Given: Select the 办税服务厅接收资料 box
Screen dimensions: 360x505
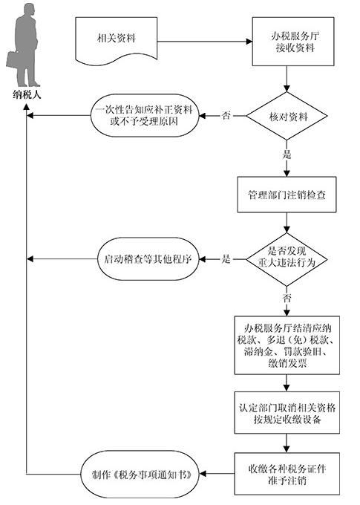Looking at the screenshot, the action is tap(293, 42).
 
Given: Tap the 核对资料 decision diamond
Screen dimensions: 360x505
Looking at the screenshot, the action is tap(287, 116).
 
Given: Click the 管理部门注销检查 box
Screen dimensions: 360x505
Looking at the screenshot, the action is tap(287, 195).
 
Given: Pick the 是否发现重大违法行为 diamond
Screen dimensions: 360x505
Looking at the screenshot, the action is tap(287, 259).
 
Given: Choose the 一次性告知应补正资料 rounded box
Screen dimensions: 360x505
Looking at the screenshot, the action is tap(145, 116).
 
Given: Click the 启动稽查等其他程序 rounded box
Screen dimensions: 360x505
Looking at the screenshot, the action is tap(148, 259).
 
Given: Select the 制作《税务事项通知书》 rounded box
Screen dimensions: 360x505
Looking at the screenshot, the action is tap(140, 474).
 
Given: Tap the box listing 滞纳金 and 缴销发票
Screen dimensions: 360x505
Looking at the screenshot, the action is tap(287, 345).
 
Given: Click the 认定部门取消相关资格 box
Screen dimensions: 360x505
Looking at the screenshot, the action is tap(287, 413).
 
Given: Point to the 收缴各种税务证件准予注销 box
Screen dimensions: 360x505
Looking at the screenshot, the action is tap(287, 474).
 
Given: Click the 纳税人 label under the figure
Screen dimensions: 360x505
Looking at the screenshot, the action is tap(27, 95).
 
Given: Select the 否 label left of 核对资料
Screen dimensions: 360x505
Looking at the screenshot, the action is tap(226, 115).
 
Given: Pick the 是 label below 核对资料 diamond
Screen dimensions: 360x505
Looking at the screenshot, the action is tap(287, 154).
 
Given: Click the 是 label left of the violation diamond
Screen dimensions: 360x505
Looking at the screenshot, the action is tap(226, 258).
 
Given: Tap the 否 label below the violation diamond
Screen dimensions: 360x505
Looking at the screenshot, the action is tap(287, 298).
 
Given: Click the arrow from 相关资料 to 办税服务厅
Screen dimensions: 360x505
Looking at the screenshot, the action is tap(205, 42).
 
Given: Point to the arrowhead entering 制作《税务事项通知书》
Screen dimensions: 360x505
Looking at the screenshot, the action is tap(203, 474).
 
